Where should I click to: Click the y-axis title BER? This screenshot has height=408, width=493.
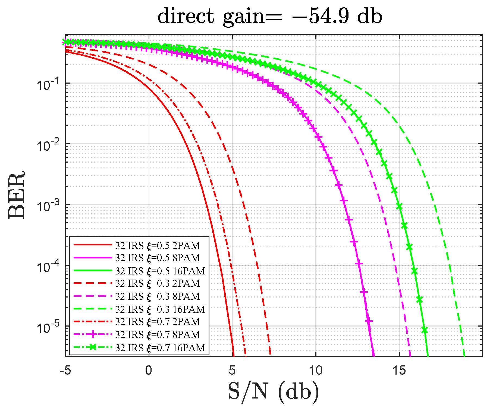(x=17, y=195)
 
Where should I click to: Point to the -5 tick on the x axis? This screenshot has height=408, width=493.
(x=65, y=370)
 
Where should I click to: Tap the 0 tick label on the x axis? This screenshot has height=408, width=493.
(x=149, y=370)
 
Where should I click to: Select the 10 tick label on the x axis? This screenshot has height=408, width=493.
(x=316, y=370)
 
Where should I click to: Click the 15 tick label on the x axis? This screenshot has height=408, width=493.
(x=399, y=370)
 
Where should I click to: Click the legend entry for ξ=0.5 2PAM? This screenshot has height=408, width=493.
(x=158, y=245)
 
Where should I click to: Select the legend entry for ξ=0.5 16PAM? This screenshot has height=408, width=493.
(x=160, y=271)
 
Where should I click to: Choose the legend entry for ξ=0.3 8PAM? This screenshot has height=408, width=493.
(x=158, y=296)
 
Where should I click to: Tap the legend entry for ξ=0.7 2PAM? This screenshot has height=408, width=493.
(x=158, y=322)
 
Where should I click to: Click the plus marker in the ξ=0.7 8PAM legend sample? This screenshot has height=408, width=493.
(x=93, y=334)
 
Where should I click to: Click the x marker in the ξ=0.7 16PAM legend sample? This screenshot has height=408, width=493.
(x=93, y=347)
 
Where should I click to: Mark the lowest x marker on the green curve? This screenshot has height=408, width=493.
(x=425, y=330)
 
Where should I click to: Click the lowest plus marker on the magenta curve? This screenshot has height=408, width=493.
(x=369, y=321)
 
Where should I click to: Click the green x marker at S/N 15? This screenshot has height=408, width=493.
(x=399, y=207)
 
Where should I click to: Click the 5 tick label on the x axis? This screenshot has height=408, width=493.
(x=232, y=370)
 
